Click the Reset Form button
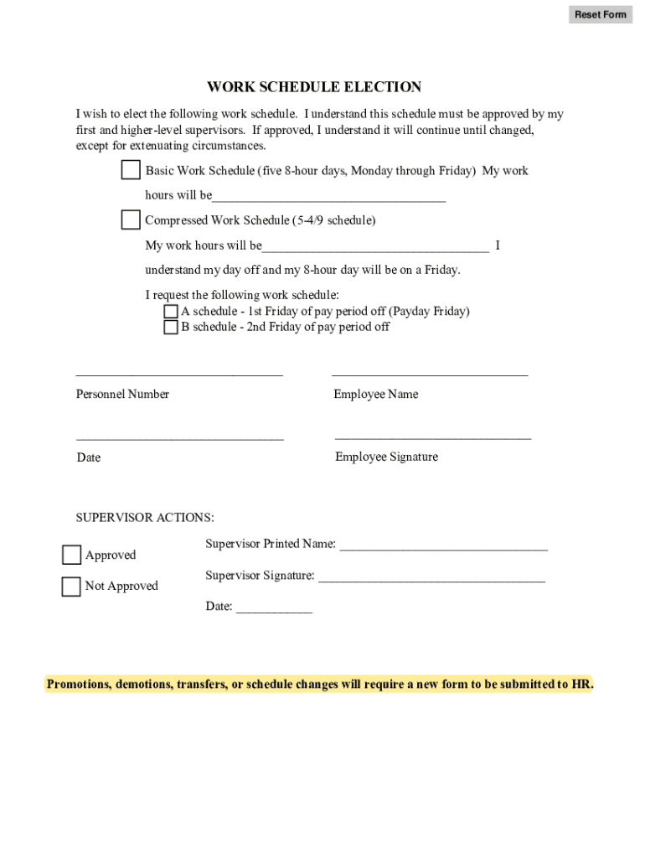click(600, 14)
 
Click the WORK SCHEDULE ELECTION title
click(314, 87)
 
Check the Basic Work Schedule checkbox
click(131, 170)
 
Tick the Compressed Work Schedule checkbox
click(131, 220)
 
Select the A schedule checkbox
click(171, 312)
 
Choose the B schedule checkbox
click(171, 328)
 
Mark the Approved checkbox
click(71, 556)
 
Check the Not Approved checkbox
click(71, 587)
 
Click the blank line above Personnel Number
click(179, 372)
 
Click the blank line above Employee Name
click(430, 372)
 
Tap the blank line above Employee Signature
click(432, 435)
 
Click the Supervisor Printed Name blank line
click(443, 546)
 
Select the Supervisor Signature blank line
click(431, 577)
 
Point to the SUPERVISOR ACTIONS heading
click(145, 518)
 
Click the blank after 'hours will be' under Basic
click(328, 197)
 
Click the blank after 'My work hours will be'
click(375, 247)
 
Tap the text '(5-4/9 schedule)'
click(333, 220)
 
